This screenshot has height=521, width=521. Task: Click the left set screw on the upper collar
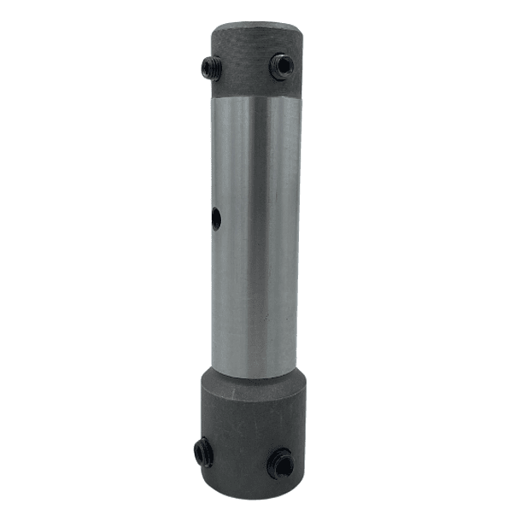pos(210,68)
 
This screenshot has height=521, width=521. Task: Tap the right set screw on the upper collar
pos(281,66)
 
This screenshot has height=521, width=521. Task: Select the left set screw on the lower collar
pos(203,452)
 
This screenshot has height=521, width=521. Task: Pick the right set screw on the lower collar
pos(279,463)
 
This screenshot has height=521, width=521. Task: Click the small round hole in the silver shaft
pos(216,220)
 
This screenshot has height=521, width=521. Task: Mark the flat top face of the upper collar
pos(257,26)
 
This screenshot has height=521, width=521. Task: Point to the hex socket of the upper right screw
pos(281,66)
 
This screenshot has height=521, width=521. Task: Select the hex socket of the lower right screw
pos(279,463)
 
